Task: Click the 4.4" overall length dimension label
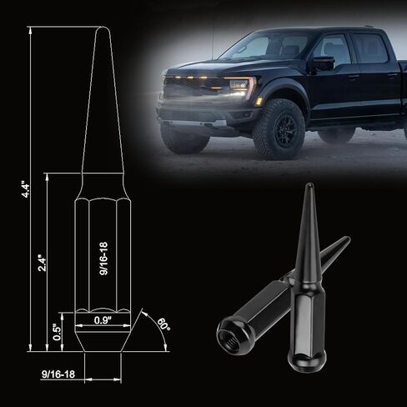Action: tap(26, 190)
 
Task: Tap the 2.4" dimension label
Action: tap(43, 263)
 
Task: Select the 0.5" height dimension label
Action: tap(58, 332)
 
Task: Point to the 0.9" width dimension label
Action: tap(103, 320)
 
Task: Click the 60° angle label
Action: tap(163, 325)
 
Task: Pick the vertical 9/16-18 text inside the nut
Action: tap(103, 259)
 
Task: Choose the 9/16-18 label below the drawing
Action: tap(58, 374)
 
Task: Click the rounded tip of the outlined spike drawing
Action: tap(103, 28)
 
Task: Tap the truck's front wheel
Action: tap(279, 128)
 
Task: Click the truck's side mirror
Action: tap(323, 63)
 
